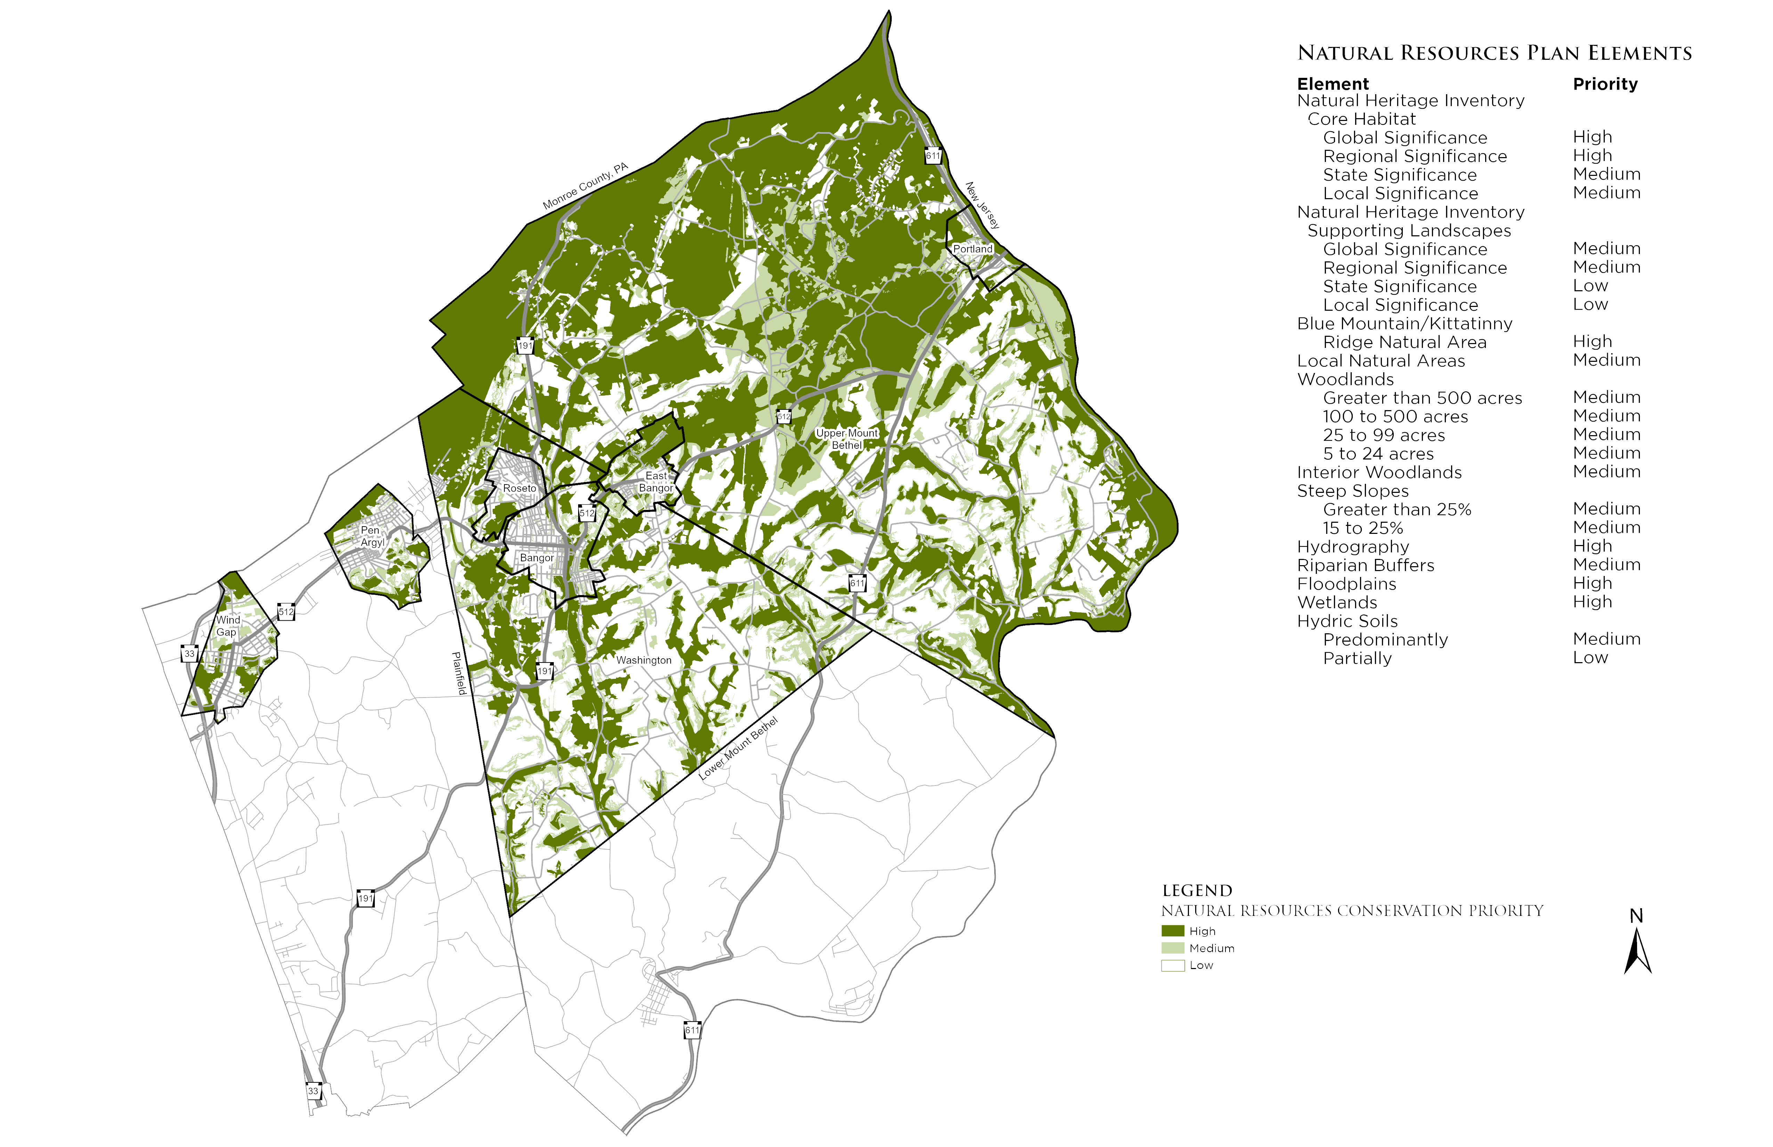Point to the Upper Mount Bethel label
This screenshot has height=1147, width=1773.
point(847,439)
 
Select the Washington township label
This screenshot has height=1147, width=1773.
point(643,660)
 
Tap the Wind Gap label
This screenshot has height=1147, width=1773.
point(227,626)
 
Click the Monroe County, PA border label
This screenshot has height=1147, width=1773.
point(585,186)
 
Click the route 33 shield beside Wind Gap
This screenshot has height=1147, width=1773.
point(189,654)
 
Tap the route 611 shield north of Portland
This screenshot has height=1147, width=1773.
point(933,156)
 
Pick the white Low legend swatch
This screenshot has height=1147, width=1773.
point(1173,965)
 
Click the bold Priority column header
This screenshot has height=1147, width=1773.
point(1605,84)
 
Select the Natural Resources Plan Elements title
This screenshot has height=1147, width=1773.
point(1495,53)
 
